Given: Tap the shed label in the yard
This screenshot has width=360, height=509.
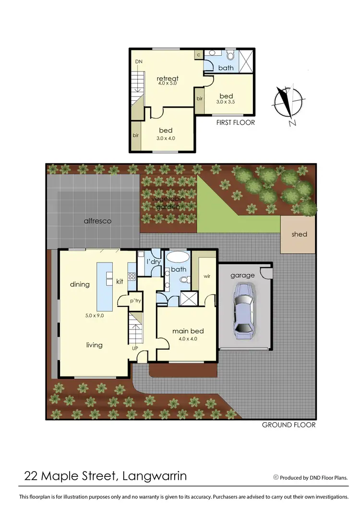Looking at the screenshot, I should (299, 234).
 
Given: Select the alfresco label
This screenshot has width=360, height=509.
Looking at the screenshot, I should (97, 221).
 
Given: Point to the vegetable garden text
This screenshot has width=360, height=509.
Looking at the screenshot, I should (168, 203).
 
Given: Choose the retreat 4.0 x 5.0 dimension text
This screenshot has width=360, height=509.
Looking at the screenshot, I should (168, 83).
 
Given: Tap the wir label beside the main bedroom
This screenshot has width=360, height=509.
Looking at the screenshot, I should (207, 277).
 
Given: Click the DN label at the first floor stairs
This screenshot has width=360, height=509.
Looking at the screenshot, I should (139, 62).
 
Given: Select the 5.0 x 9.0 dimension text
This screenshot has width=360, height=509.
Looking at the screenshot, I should (94, 315).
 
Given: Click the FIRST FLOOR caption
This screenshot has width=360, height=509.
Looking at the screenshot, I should (235, 122).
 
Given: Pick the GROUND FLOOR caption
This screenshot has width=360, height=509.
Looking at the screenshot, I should (288, 425).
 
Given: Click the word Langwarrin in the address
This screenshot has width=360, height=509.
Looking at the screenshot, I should (155, 476).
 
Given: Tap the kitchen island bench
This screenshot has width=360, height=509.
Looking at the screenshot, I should (105, 286).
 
